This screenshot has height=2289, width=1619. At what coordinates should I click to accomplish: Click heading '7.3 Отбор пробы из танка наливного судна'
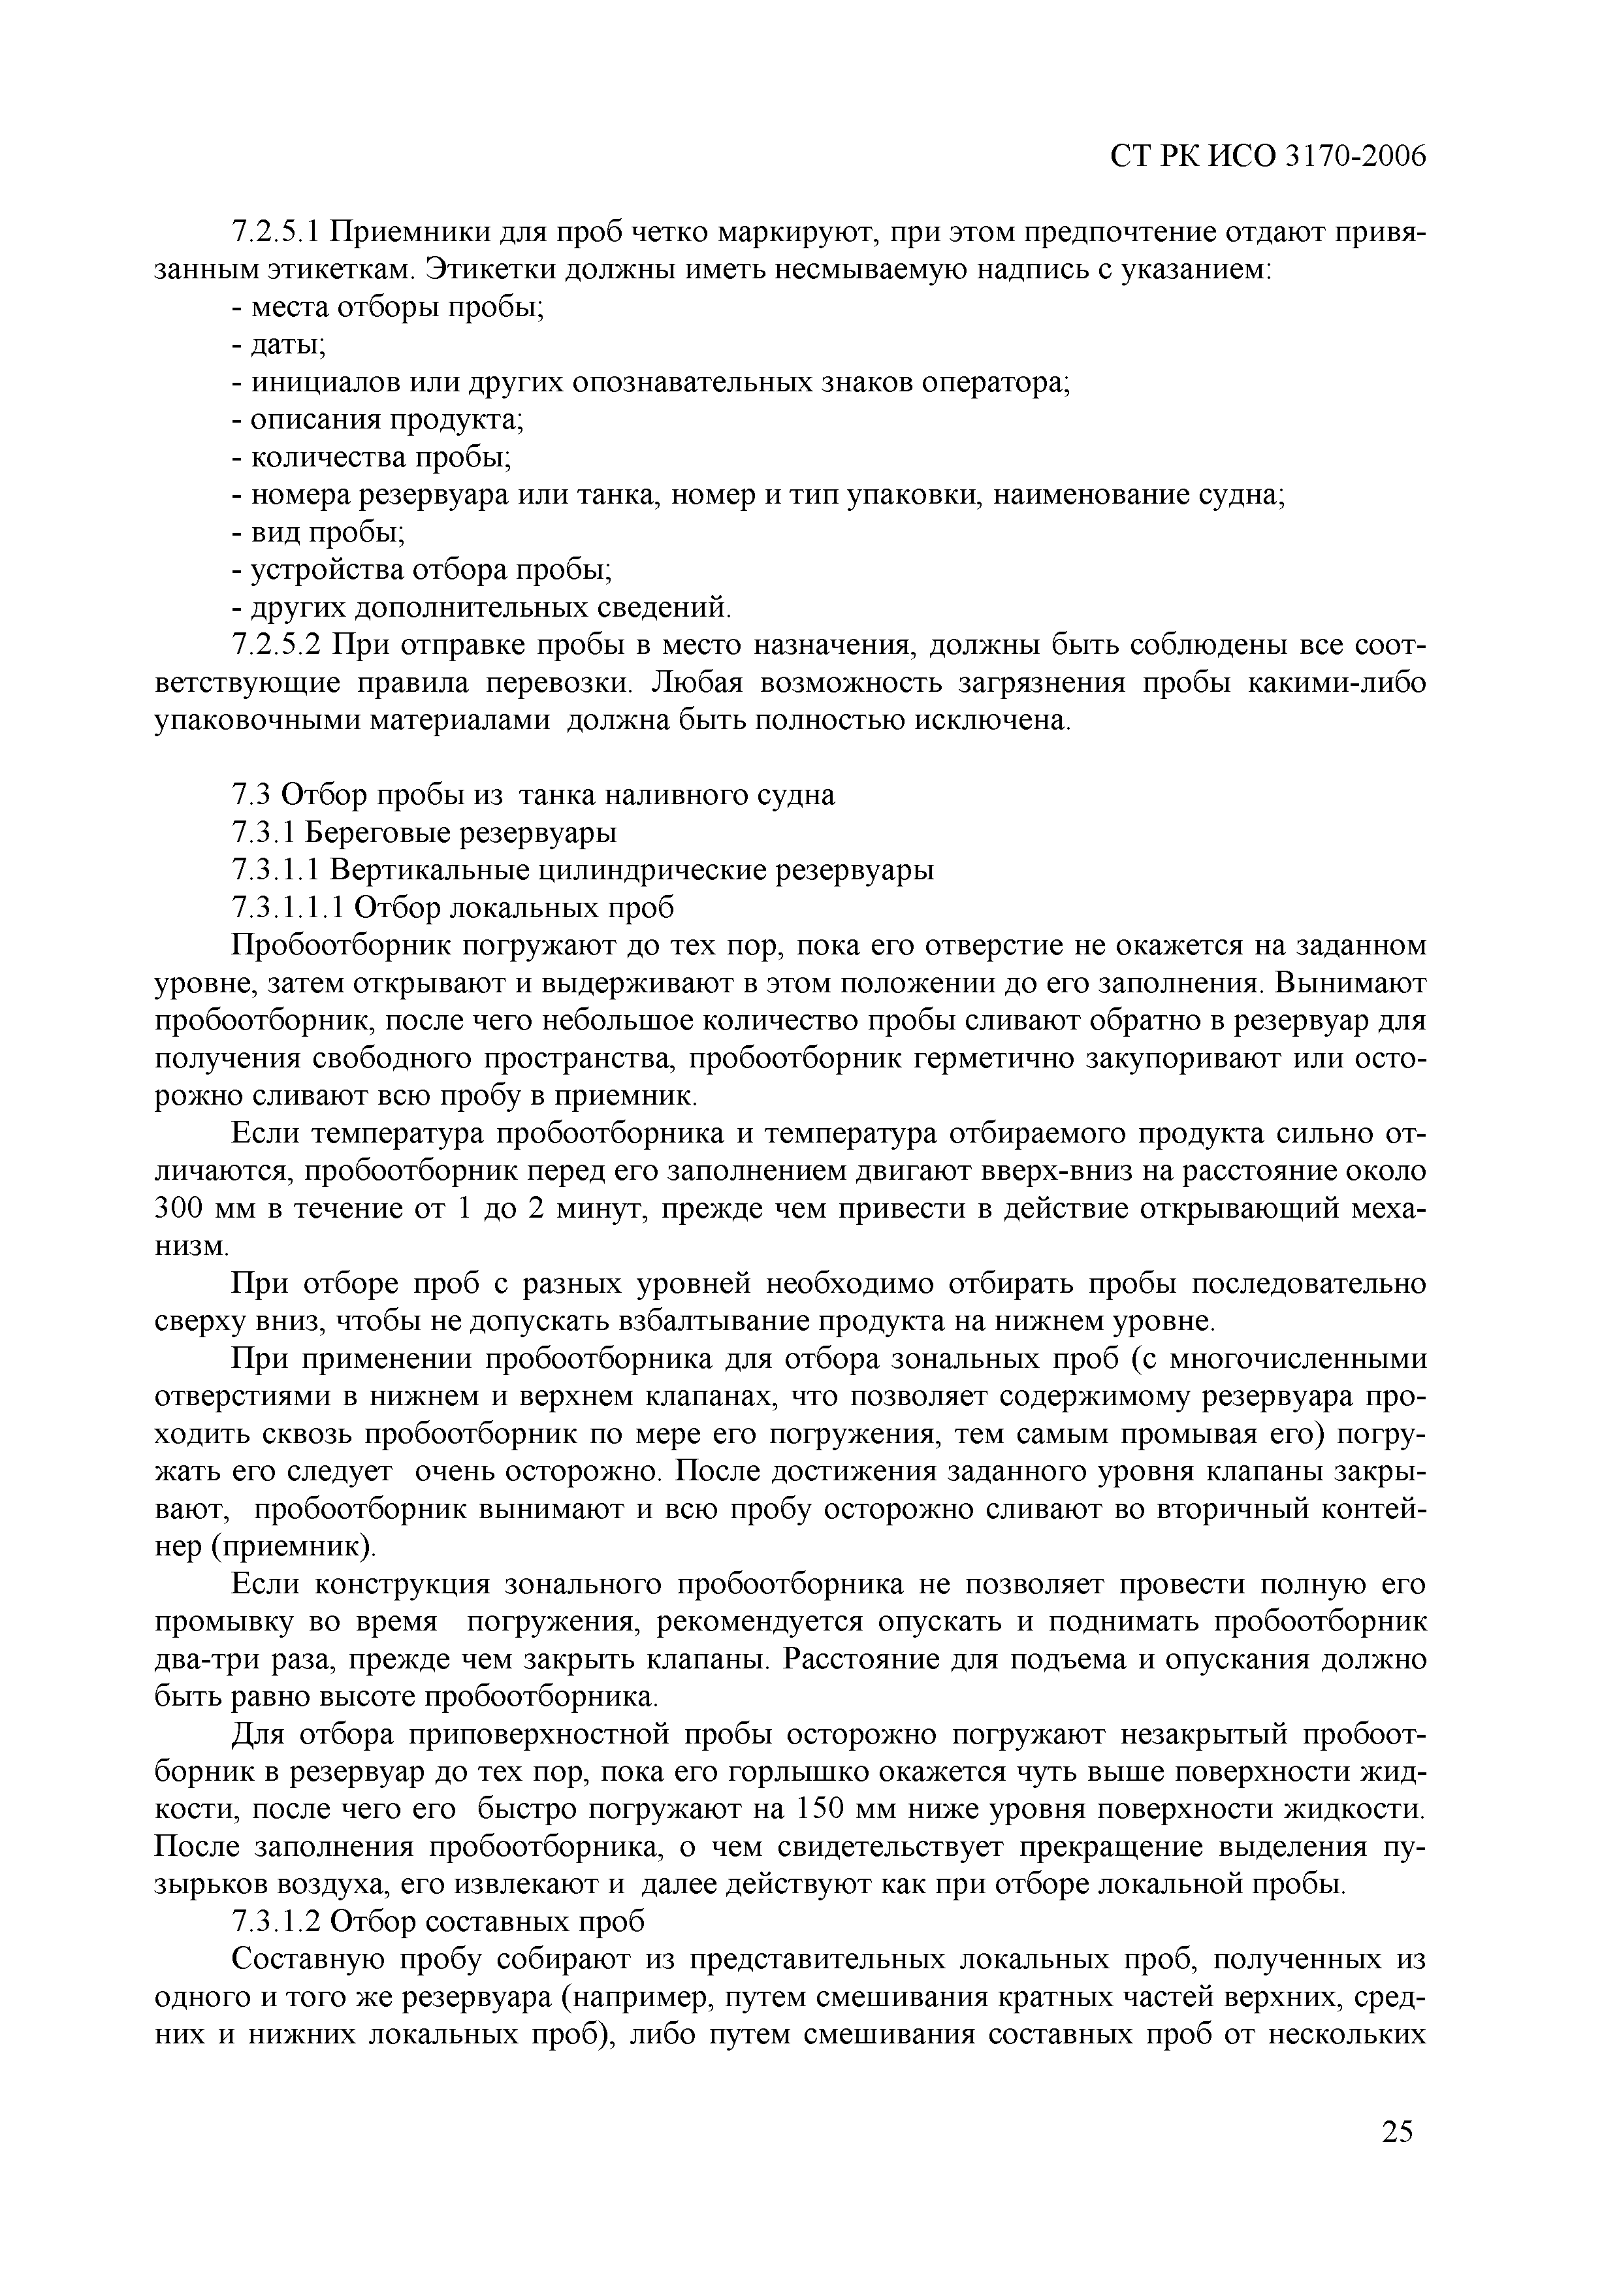pyautogui.click(x=532, y=794)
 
